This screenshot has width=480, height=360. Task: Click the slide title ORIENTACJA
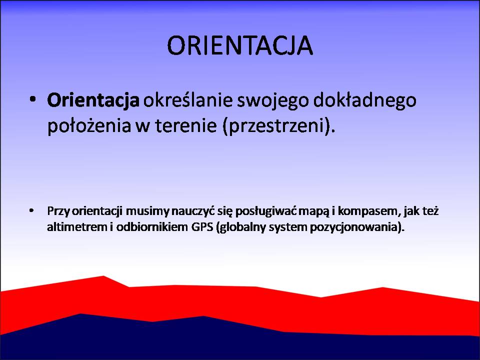point(240,45)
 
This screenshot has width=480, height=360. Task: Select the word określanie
point(188,100)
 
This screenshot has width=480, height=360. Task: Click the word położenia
point(89,126)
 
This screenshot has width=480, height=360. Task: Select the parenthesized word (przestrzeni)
point(279,126)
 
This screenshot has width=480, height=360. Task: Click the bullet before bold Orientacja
point(33,99)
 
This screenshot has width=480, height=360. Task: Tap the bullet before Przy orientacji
point(31,210)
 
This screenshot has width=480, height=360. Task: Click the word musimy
point(147,211)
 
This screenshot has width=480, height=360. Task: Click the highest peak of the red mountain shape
point(103,276)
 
